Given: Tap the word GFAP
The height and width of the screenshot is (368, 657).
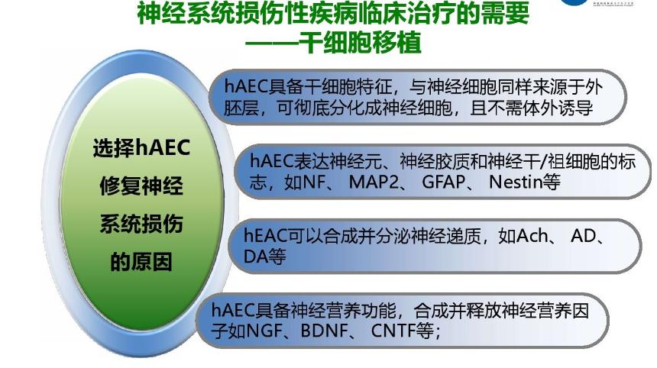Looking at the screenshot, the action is point(443,182).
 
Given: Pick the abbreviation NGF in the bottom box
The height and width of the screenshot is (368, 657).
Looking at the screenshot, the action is point(264,331).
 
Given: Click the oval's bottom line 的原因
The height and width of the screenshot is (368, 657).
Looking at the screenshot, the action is point(141,262).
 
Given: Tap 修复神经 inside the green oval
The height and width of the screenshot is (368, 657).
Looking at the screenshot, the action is point(141,186).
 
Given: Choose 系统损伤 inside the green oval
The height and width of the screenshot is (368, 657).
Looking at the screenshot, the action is point(141,224).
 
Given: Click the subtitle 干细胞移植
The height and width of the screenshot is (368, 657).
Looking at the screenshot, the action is point(361,42).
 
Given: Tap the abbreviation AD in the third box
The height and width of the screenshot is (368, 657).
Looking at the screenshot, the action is point(583,236).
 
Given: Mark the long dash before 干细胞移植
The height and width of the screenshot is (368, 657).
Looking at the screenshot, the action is point(273,43).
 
